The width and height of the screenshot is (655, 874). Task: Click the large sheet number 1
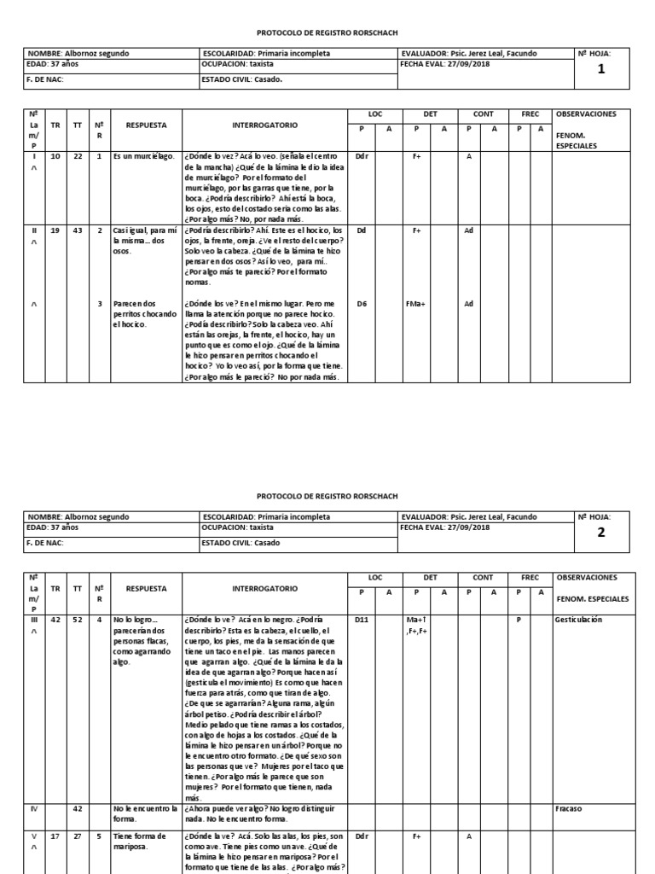601,69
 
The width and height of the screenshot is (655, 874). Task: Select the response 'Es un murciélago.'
143,156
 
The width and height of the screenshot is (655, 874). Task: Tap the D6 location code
362,304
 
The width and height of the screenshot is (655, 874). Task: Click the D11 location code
362,621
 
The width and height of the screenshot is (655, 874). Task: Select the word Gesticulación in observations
578,621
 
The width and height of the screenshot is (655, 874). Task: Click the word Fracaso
568,809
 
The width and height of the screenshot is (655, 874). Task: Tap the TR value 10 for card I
55,156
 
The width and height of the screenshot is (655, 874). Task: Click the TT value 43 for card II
78,230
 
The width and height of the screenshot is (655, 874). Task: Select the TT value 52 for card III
78,621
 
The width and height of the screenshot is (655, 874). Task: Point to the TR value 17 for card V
55,837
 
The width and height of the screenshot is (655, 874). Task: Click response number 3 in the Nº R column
99,304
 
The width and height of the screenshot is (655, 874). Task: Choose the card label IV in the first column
34,809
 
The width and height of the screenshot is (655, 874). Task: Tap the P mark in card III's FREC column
518,621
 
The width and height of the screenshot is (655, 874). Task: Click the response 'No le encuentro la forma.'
144,813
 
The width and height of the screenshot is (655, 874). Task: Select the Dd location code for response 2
362,230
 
